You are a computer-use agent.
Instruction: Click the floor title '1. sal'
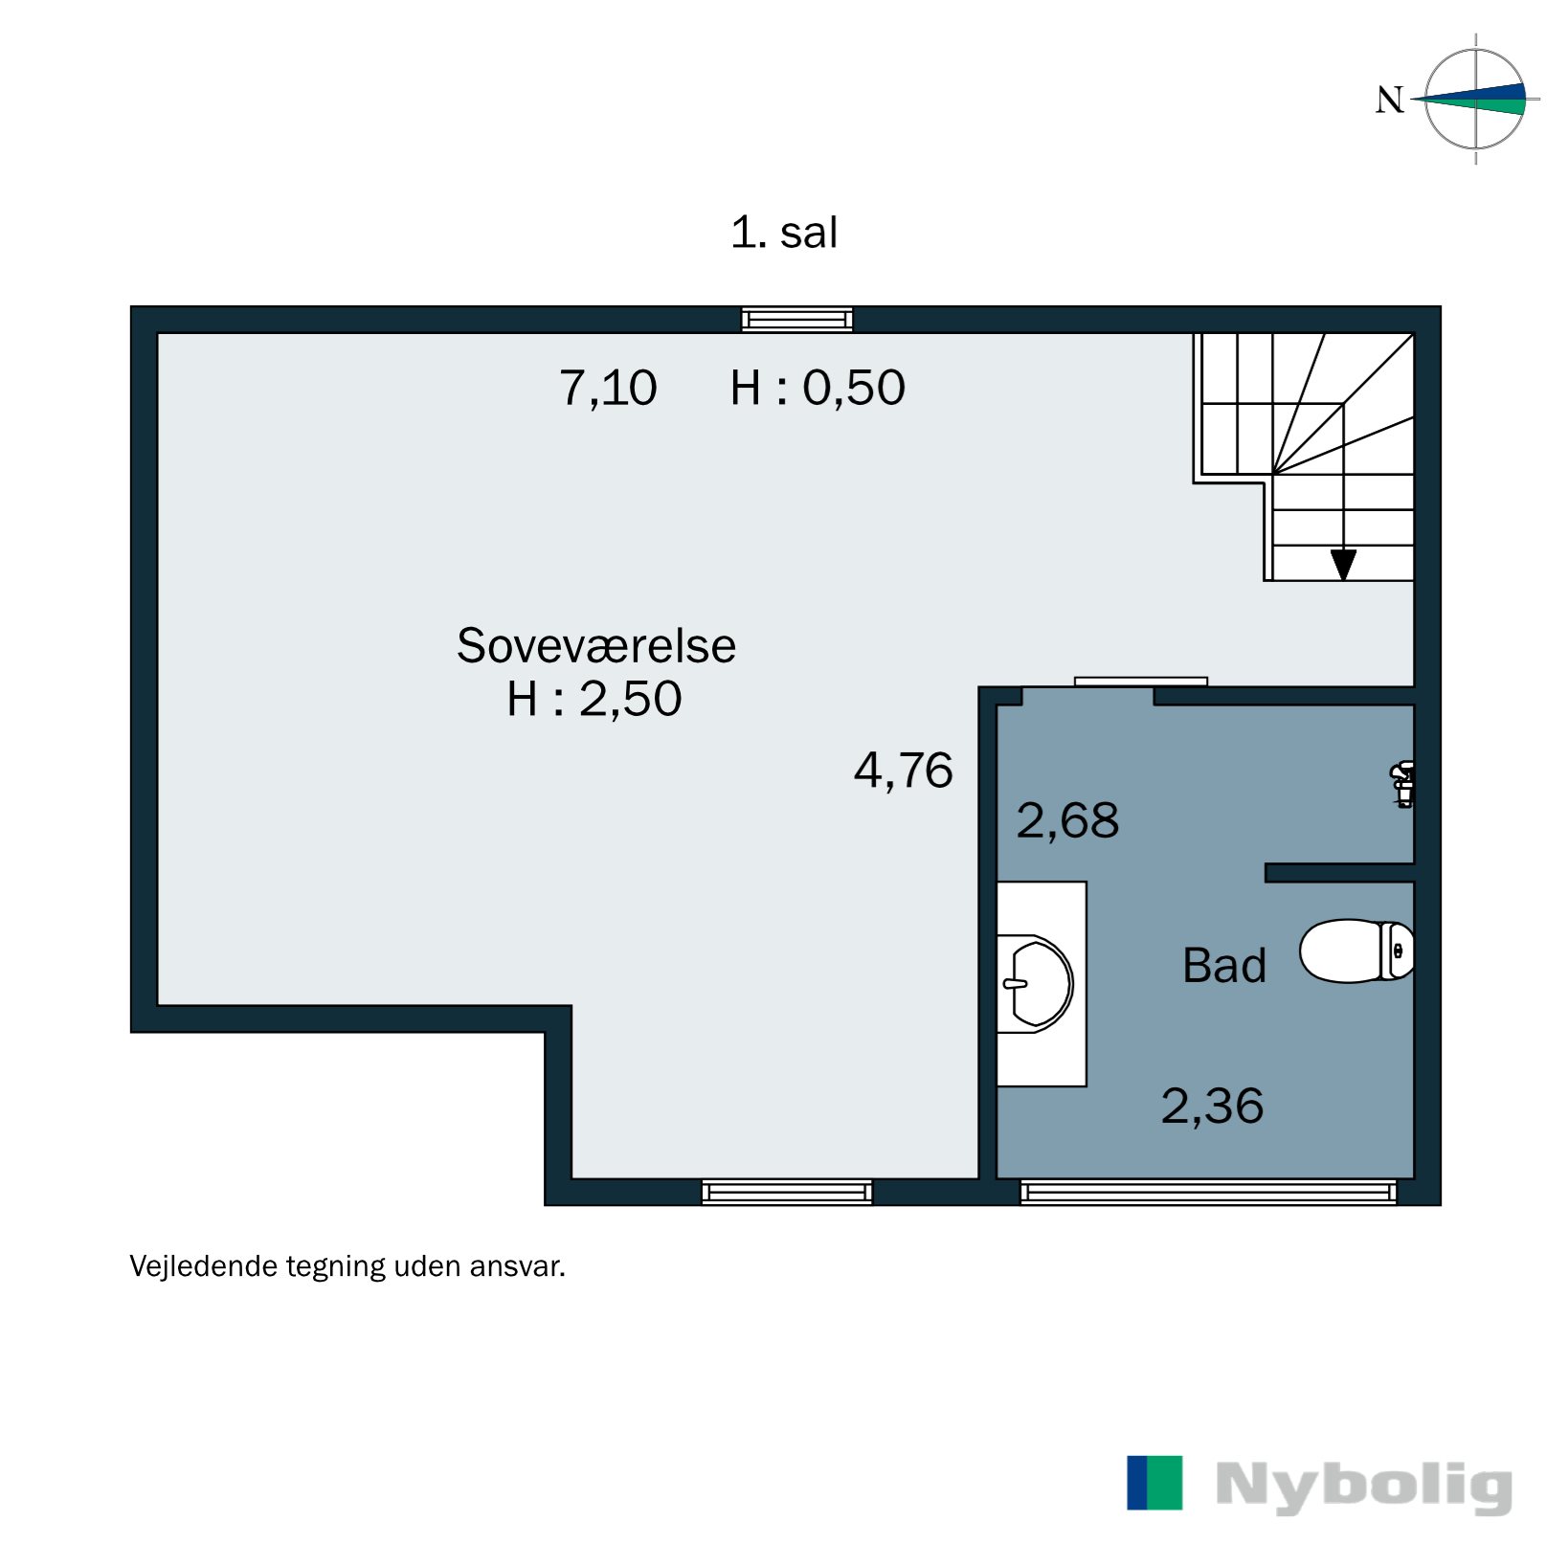783,233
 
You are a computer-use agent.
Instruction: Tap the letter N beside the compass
1389,100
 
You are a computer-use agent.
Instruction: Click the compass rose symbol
1475,99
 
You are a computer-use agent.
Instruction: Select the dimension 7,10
608,388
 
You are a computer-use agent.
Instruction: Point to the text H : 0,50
817,388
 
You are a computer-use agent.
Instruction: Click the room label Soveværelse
595,645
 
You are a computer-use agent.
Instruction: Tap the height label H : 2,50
594,699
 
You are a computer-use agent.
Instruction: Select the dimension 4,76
903,771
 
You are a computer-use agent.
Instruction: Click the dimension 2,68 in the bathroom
1066,820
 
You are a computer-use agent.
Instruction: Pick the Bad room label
1223,965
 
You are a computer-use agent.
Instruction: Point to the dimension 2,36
1212,1106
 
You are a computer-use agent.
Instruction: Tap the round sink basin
1037,984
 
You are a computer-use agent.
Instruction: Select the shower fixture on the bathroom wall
1403,784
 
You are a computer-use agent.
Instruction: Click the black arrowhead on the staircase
1343,565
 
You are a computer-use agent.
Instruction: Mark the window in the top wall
796,320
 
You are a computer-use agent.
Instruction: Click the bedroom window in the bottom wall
787,1192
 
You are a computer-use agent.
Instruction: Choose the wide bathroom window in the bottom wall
1208,1192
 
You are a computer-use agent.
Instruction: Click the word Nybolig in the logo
1363,1485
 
